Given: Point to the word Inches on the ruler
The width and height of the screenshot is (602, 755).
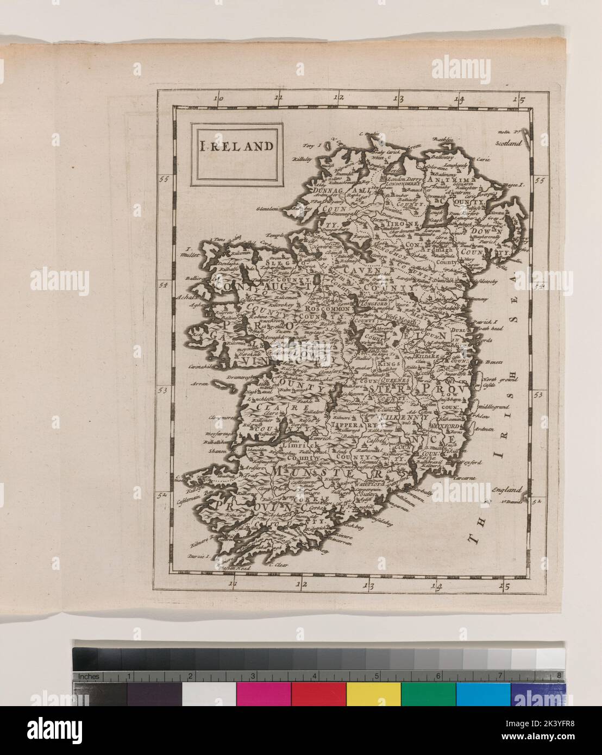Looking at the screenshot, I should pyautogui.click(x=89, y=677).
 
